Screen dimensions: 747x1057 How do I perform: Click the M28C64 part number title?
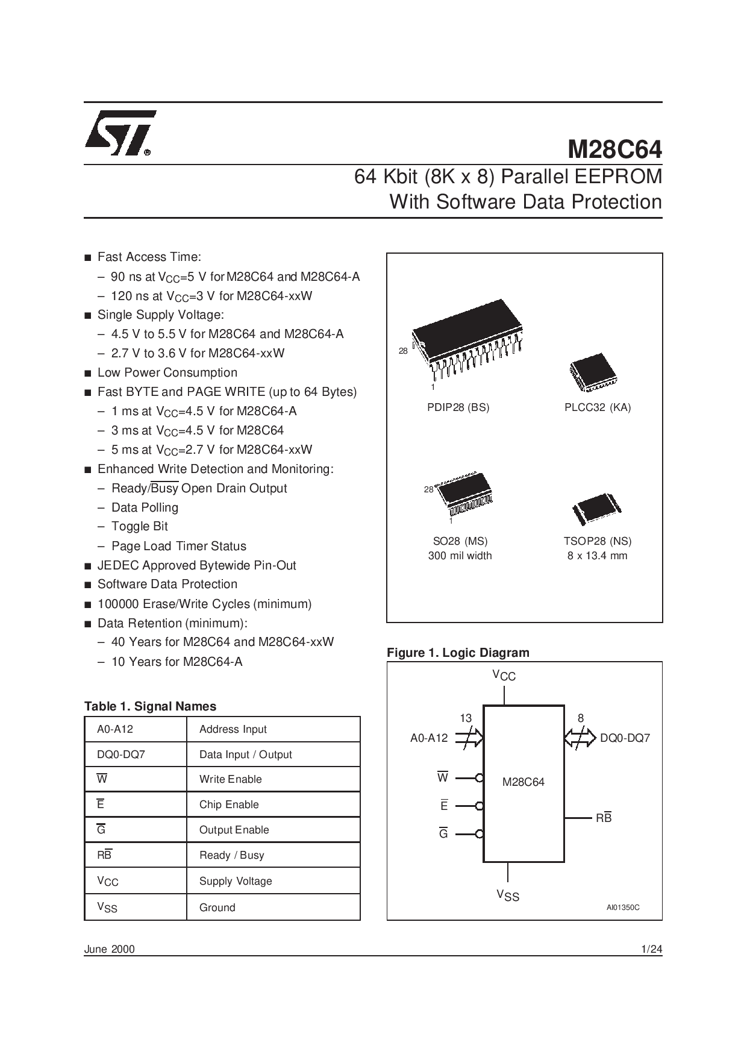(614, 149)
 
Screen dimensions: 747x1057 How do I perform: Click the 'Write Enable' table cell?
(273, 779)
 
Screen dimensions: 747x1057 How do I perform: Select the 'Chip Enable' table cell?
(273, 805)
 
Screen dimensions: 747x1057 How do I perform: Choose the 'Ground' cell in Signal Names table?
(273, 907)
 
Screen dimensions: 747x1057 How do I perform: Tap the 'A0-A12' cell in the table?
(136, 729)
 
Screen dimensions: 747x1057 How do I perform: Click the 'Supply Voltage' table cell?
(273, 881)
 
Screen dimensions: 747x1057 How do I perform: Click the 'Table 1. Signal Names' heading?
(150, 706)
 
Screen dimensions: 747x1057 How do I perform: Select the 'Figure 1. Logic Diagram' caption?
(458, 653)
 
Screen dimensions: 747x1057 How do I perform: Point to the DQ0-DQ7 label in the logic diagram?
(625, 738)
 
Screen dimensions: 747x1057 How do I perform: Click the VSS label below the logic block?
(508, 895)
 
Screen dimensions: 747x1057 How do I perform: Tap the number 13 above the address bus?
(466, 718)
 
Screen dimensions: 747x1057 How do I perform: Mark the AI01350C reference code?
(623, 908)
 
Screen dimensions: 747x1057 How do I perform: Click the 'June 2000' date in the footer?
(110, 949)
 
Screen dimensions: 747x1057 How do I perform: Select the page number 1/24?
(652, 949)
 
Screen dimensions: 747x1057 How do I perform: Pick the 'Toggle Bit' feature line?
(140, 526)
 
